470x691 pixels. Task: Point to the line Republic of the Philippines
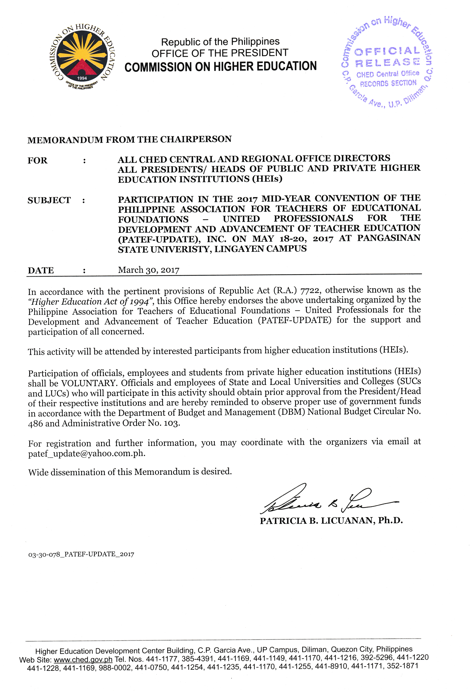[x=220, y=42]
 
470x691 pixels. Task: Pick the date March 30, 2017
[x=148, y=270]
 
